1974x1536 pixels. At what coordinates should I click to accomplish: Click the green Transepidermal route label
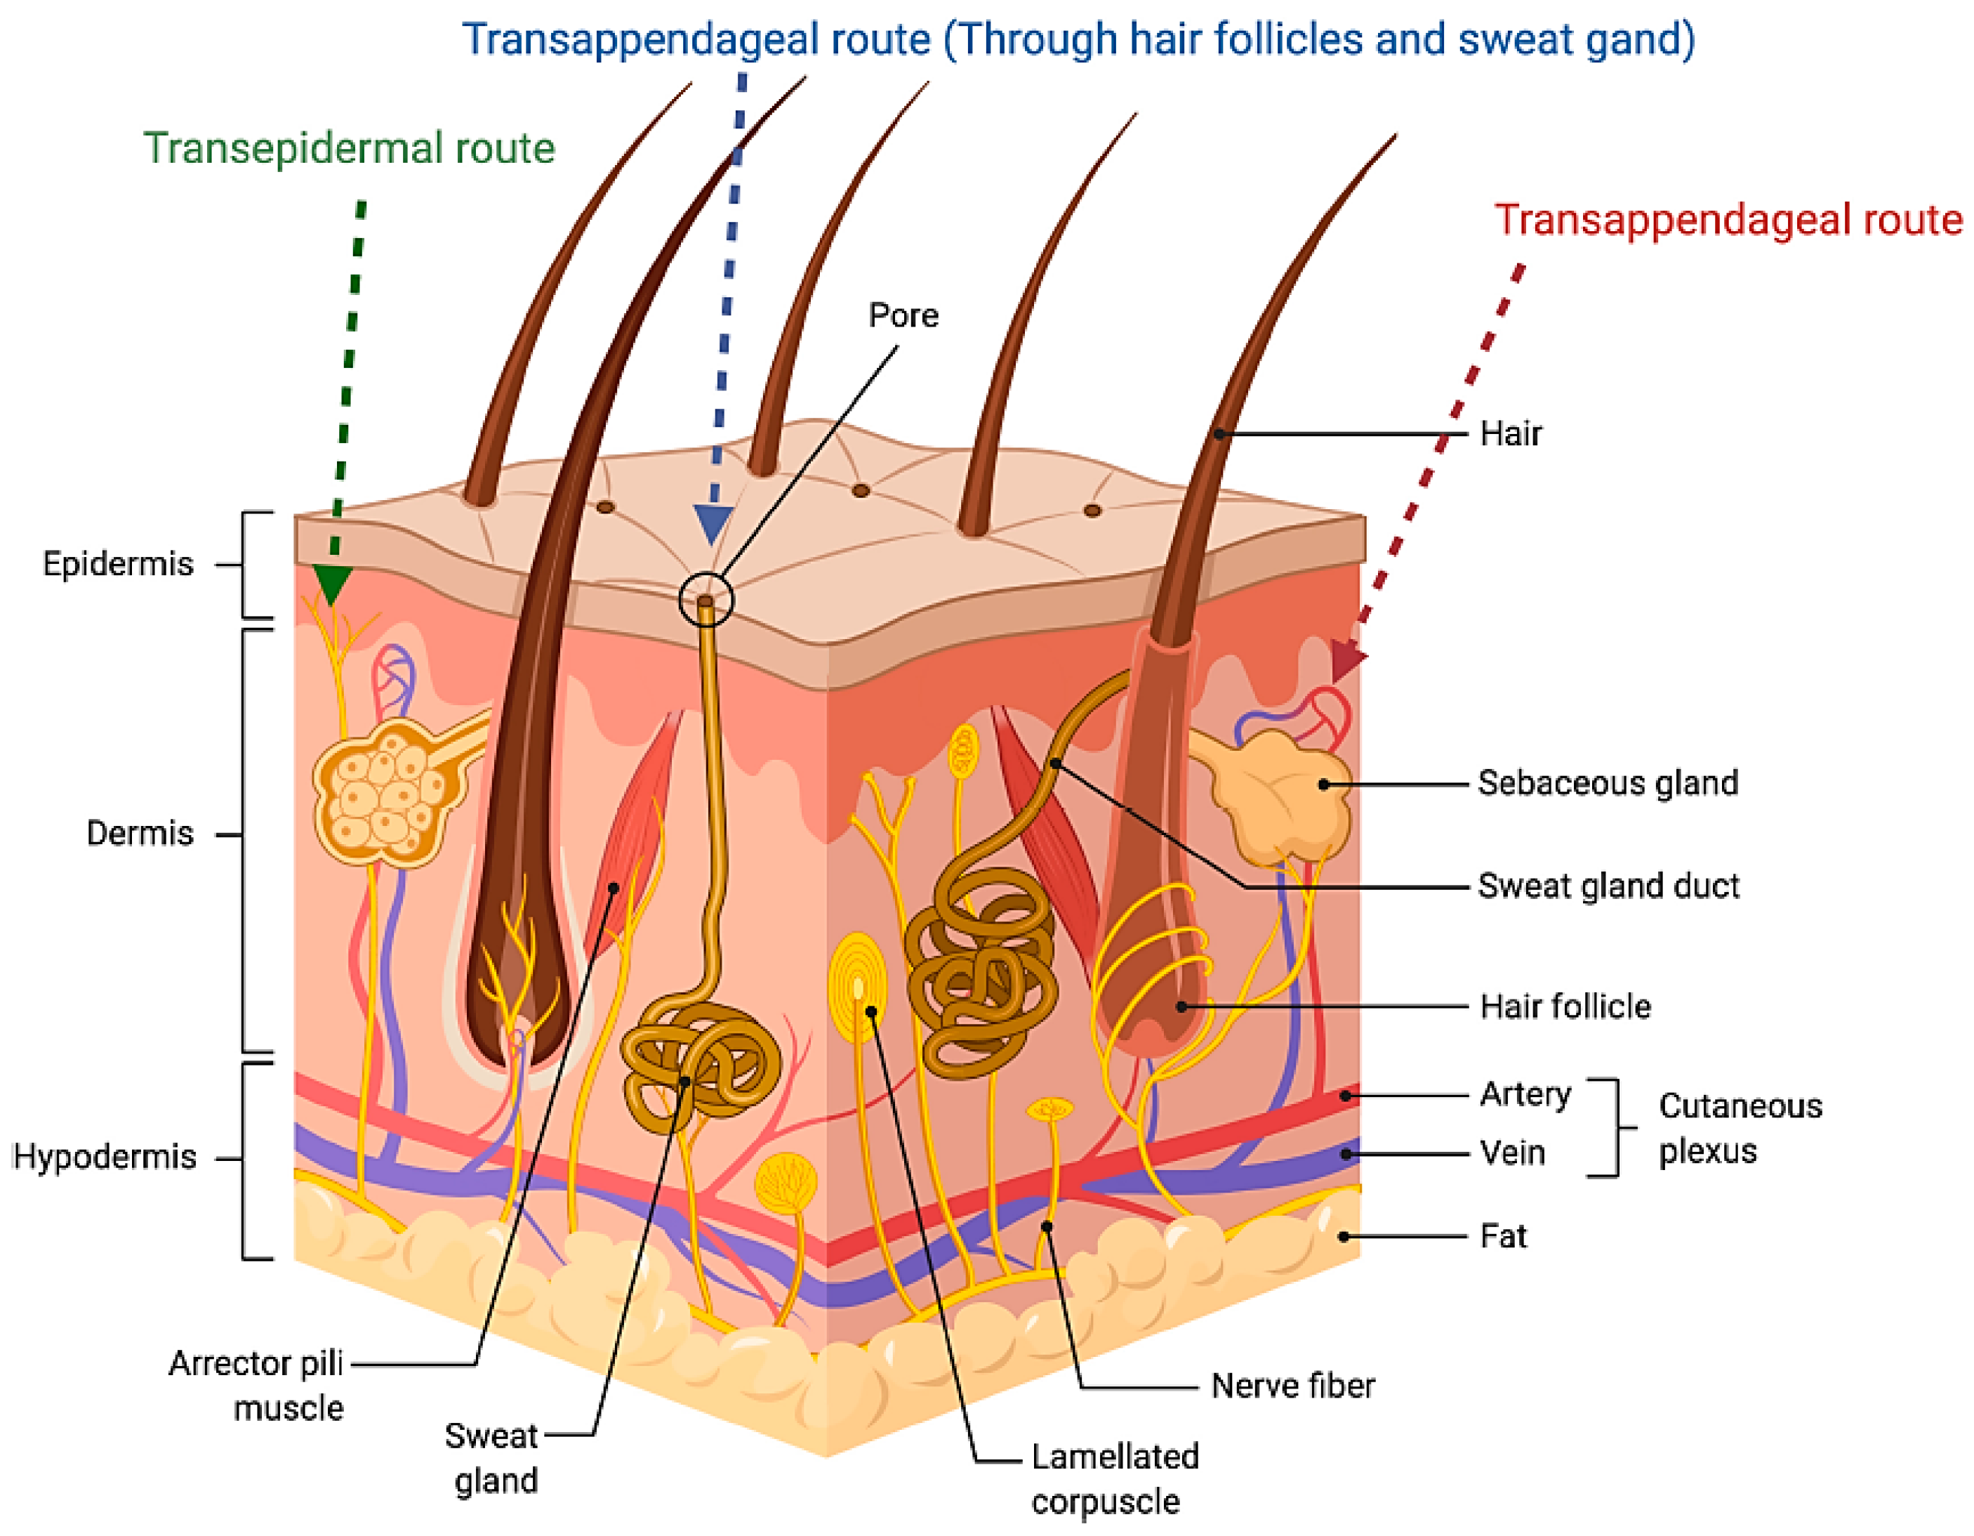click(x=349, y=148)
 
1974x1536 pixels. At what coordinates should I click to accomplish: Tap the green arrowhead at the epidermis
click(x=332, y=583)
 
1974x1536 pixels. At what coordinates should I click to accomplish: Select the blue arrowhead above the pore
click(x=713, y=523)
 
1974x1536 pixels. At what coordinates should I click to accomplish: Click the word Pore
click(x=903, y=315)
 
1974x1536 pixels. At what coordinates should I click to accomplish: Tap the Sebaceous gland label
click(x=1607, y=783)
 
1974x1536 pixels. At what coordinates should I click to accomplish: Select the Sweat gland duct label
click(x=1608, y=886)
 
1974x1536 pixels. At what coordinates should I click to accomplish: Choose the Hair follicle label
click(x=1565, y=1006)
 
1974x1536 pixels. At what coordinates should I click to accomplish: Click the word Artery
click(x=1525, y=1094)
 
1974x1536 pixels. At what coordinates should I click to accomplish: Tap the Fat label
click(x=1502, y=1236)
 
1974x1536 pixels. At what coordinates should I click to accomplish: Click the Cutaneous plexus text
click(x=1739, y=1128)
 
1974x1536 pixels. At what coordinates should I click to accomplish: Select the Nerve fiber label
click(x=1292, y=1385)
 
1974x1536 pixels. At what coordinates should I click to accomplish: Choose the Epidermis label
click(x=117, y=564)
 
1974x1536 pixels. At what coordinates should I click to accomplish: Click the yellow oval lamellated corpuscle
click(x=857, y=987)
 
